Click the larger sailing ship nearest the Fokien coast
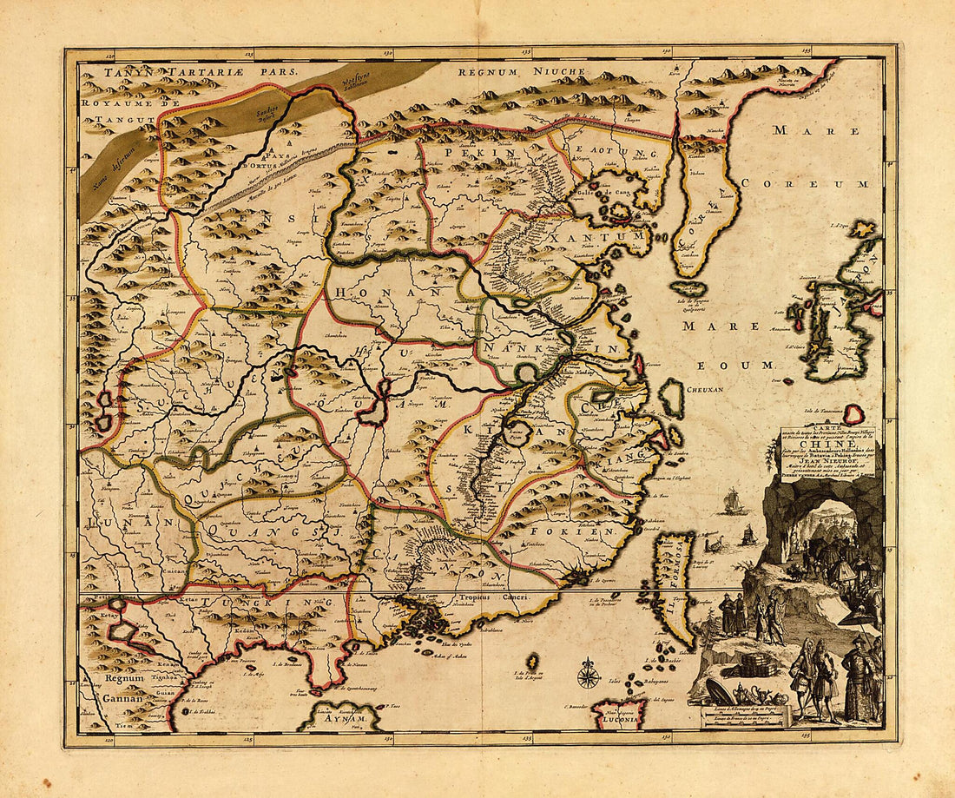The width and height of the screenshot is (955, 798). point(731,501)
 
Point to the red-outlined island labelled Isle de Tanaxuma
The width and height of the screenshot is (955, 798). point(855,414)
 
